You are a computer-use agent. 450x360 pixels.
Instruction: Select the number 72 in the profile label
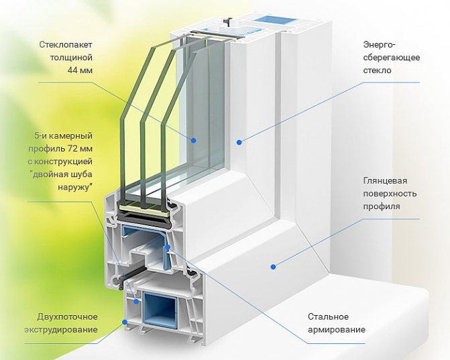68,148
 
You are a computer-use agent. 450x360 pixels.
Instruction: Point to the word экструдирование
60,329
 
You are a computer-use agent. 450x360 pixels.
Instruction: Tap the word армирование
337,329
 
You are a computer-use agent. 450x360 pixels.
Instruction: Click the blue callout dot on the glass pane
193,141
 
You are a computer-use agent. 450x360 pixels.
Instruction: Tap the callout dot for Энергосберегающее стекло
239,141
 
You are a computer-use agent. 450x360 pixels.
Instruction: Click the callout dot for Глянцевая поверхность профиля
273,267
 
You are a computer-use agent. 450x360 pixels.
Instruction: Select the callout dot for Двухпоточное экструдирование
124,323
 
